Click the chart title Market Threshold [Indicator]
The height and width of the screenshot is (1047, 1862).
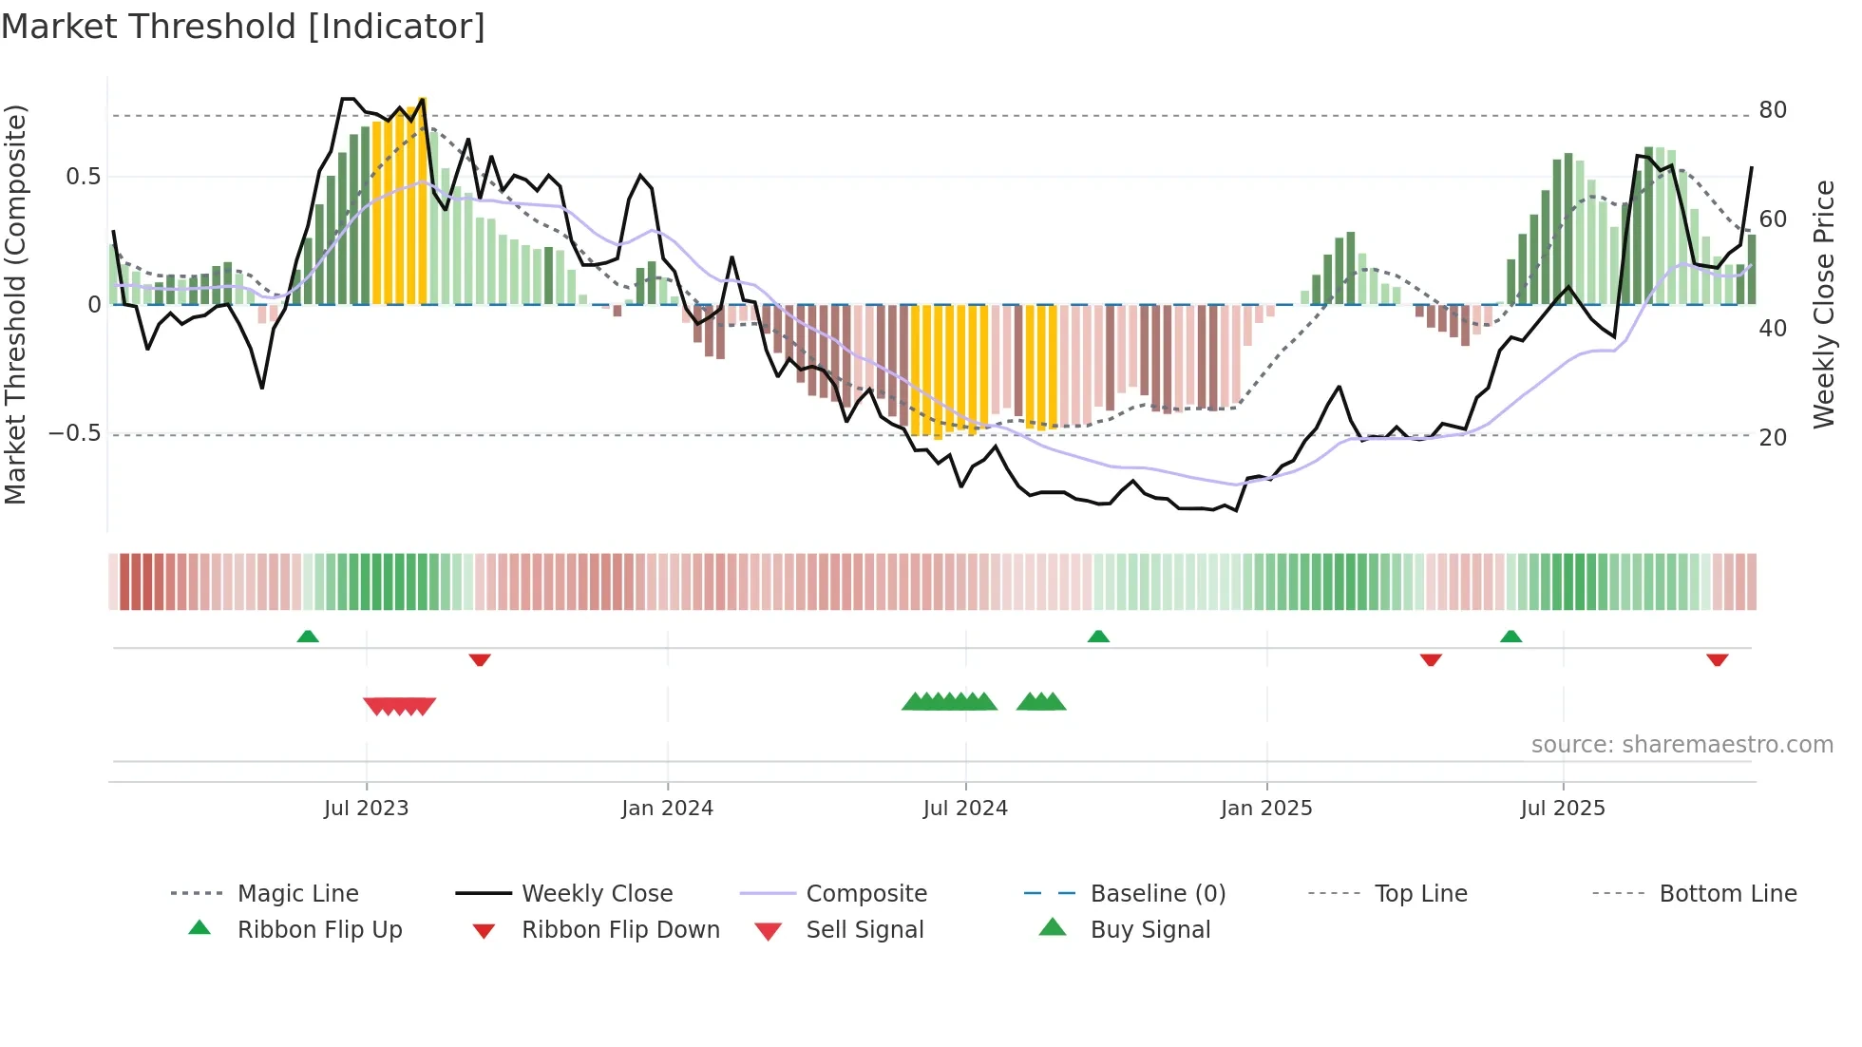pyautogui.click(x=243, y=27)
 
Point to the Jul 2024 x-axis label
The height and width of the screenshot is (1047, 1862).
pyautogui.click(x=965, y=808)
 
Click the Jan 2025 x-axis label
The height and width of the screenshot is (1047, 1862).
pyautogui.click(x=1265, y=808)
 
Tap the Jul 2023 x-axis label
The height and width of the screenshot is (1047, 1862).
pyautogui.click(x=366, y=808)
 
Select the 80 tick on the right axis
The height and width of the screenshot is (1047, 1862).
pyautogui.click(x=1773, y=110)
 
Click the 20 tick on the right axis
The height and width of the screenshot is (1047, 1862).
pyautogui.click(x=1773, y=437)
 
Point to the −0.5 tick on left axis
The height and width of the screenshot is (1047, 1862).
pyautogui.click(x=74, y=433)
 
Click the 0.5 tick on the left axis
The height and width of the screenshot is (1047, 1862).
pyautogui.click(x=84, y=177)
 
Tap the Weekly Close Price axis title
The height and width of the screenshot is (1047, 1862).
pyautogui.click(x=1824, y=304)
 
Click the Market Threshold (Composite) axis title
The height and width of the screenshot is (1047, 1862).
pyautogui.click(x=15, y=304)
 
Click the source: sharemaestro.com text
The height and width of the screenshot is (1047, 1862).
pyautogui.click(x=1681, y=744)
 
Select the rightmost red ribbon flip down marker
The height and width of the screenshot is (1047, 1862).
pyautogui.click(x=1717, y=659)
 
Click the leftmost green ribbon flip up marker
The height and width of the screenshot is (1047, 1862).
pyautogui.click(x=308, y=637)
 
